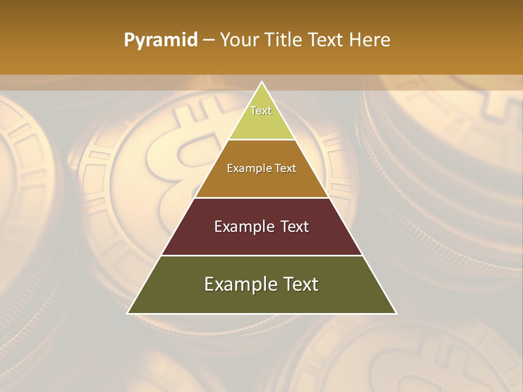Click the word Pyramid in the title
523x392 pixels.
pyautogui.click(x=161, y=40)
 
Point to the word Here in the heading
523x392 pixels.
pyautogui.click(x=370, y=40)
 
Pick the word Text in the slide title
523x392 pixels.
pyautogui.click(x=327, y=40)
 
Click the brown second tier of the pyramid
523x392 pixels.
pyautogui.click(x=261, y=182)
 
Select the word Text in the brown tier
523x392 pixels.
pyautogui.click(x=286, y=169)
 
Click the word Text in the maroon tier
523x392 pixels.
pyautogui.click(x=295, y=226)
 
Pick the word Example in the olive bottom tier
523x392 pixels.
pyautogui.click(x=240, y=284)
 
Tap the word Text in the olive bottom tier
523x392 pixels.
pyautogui.click(x=301, y=284)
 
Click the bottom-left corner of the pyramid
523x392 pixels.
pyautogui.click(x=127, y=314)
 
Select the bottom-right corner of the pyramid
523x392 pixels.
pyautogui.click(x=396, y=314)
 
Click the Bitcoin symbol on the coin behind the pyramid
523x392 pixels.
pyautogui.click(x=174, y=158)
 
